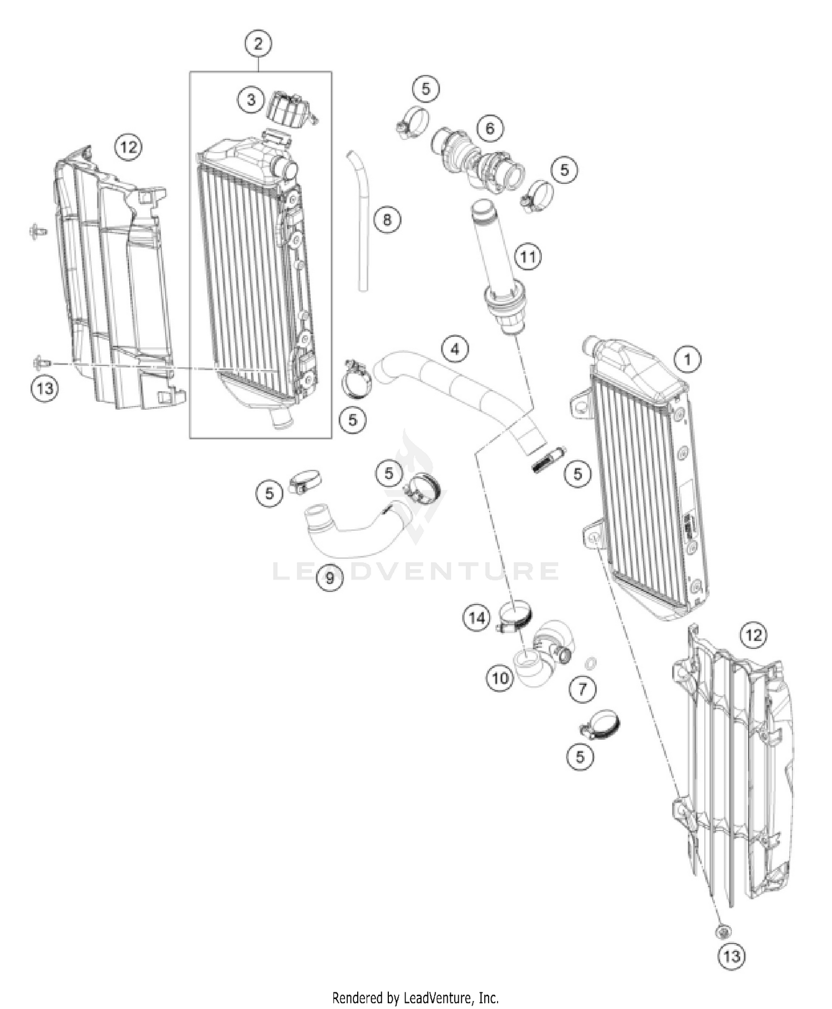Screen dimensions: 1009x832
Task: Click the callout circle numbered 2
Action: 258,43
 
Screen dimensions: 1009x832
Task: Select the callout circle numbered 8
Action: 387,220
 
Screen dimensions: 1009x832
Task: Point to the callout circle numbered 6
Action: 490,129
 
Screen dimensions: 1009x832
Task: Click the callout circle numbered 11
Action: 527,256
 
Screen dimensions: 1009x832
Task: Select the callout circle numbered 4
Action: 455,349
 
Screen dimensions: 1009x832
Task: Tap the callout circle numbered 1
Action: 687,360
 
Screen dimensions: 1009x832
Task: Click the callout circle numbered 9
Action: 330,578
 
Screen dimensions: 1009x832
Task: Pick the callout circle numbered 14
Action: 477,618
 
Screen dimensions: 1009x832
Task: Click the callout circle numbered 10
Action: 500,678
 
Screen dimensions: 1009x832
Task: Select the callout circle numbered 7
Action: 582,689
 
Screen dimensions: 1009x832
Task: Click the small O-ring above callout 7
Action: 592,663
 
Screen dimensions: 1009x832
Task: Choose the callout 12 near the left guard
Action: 128,147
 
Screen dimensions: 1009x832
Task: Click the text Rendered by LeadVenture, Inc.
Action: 415,998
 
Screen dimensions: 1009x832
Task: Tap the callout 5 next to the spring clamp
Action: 578,473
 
